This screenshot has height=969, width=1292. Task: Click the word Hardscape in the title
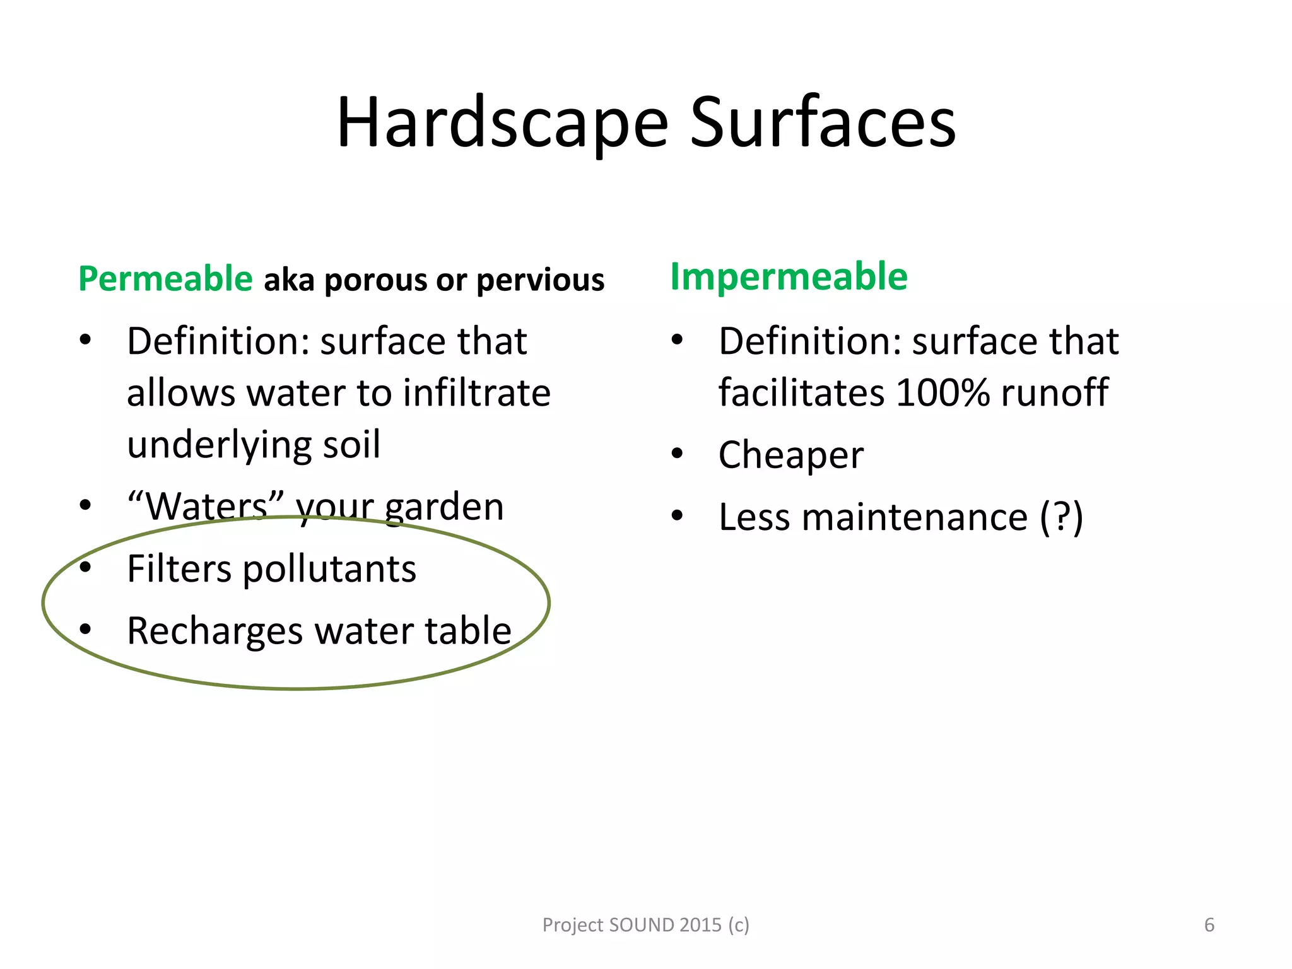[502, 124]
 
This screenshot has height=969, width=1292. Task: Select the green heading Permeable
[165, 279]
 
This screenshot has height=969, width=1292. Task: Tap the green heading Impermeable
[789, 276]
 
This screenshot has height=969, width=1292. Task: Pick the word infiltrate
[476, 392]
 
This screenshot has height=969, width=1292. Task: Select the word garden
[444, 507]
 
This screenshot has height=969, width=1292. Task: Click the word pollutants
[329, 569]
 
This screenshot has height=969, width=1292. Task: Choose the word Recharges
[214, 631]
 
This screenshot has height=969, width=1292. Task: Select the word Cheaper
[791, 455]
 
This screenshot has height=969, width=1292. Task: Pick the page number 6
[1209, 925]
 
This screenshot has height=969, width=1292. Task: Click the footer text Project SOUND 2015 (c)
[645, 925]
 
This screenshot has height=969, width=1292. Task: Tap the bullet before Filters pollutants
[86, 567]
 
